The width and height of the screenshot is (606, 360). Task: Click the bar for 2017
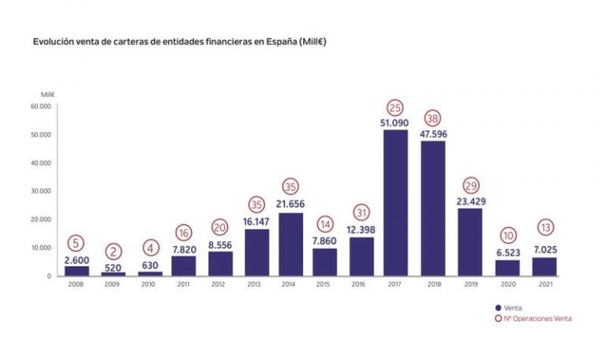coord(395,203)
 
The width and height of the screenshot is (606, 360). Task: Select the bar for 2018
coord(432,208)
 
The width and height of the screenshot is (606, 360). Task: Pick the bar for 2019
coord(470,242)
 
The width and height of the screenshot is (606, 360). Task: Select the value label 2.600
coord(77,259)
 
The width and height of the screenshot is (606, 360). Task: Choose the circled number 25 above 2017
coord(395,107)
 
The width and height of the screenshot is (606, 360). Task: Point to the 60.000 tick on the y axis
coord(40,106)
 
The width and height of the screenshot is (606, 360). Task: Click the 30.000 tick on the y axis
coord(40,191)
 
